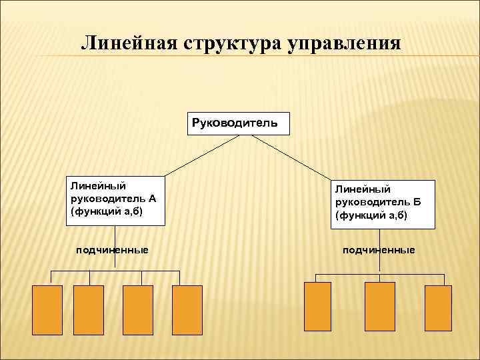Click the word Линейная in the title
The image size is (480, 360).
click(125, 43)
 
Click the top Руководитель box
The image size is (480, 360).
click(237, 123)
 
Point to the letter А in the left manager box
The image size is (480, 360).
click(153, 198)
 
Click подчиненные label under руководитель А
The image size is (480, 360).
click(111, 249)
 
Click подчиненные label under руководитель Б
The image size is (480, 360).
click(379, 249)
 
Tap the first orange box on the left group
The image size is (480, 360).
click(47, 309)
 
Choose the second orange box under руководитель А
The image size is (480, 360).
click(88, 309)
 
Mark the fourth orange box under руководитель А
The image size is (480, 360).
click(187, 309)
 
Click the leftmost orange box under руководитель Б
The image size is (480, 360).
click(317, 307)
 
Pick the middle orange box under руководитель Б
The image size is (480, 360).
click(379, 307)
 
